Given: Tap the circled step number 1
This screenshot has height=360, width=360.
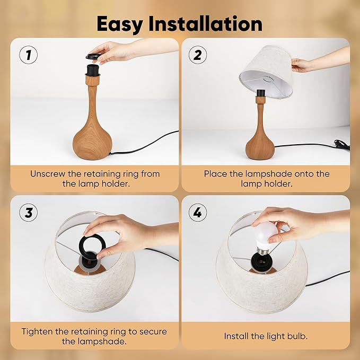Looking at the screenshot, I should pos(28,55).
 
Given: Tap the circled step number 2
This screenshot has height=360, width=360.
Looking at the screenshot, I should pos(198,55).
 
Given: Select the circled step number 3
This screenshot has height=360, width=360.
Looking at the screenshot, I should pos(28,213).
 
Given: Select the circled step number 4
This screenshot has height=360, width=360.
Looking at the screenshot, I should pos(198,213).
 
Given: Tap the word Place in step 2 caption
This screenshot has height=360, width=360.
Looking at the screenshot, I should pos(216,173).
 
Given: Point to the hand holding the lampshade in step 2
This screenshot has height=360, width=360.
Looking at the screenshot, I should pos(303,65).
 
